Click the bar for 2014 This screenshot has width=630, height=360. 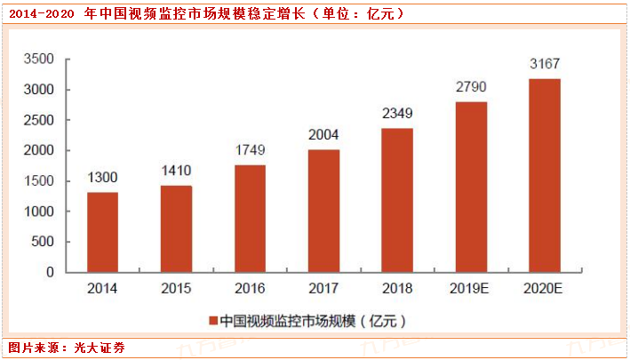click(102, 232)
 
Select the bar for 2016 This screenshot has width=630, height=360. click(250, 218)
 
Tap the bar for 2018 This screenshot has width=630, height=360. click(396, 200)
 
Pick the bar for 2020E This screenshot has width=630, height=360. click(544, 175)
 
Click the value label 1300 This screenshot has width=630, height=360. click(102, 179)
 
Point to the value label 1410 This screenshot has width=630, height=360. click(176, 172)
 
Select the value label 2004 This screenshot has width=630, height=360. click(323, 135)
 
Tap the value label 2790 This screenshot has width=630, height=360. click(470, 87)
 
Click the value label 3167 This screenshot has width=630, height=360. click(544, 64)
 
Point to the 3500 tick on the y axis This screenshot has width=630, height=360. click(38, 60)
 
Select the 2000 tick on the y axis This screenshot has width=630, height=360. click(38, 151)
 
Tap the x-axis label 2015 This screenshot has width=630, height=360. click(176, 289)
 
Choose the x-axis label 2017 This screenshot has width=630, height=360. click(323, 289)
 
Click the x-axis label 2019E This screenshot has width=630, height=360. click(470, 289)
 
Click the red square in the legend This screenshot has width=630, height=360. click(212, 319)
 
